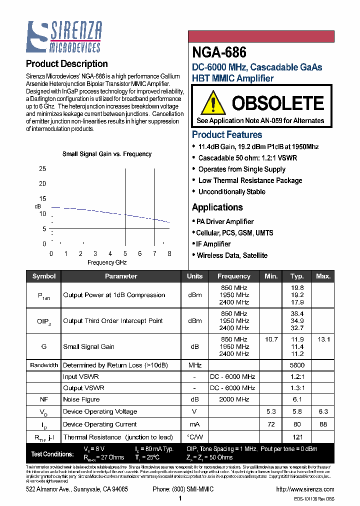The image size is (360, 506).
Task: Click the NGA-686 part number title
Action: tap(219, 52)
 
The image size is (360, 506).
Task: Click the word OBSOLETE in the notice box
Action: tap(277, 103)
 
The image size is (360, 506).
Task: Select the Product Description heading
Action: tap(66, 64)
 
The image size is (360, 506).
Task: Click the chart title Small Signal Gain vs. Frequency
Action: tap(106, 154)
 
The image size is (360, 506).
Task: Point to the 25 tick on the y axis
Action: tap(42, 169)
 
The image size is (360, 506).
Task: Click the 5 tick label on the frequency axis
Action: tap(125, 253)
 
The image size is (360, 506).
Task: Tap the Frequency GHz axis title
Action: tap(107, 262)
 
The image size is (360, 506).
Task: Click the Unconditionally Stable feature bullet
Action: tap(231, 192)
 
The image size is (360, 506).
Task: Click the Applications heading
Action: tap(217, 207)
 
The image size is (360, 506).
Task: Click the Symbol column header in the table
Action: tap(44, 276)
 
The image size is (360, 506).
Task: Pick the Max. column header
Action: tap(323, 276)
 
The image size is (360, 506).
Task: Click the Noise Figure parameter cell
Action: tap(81, 399)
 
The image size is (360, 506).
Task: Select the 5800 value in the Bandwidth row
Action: tap(297, 365)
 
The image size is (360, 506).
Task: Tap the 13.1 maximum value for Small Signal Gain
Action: tap(323, 339)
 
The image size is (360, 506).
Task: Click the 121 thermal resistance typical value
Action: tap(297, 437)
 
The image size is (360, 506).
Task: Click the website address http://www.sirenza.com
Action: tap(304, 489)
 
